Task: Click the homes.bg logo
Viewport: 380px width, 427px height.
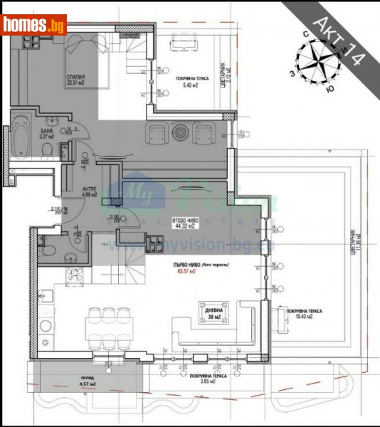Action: tap(33, 25)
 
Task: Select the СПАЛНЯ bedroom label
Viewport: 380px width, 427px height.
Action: tap(75, 79)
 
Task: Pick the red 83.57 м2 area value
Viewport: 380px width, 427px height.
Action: tap(187, 272)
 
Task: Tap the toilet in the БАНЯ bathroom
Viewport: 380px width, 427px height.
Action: tap(45, 149)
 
